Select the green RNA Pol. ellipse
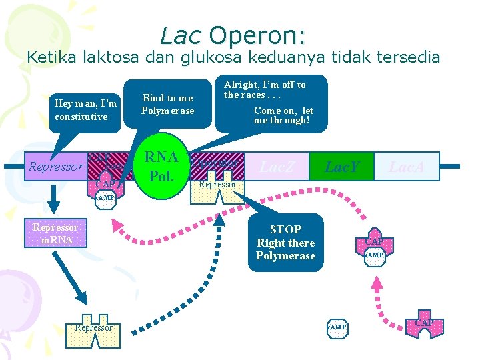(x=162, y=167)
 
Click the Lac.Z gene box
(x=277, y=167)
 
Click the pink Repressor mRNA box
(x=55, y=233)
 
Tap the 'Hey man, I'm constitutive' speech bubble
(x=86, y=110)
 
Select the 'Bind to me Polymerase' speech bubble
(x=168, y=105)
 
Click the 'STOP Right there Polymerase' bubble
(x=285, y=243)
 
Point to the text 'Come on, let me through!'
(x=283, y=115)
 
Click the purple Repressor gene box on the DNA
(x=56, y=167)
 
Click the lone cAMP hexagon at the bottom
(x=337, y=327)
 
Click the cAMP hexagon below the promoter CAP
(x=104, y=199)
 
